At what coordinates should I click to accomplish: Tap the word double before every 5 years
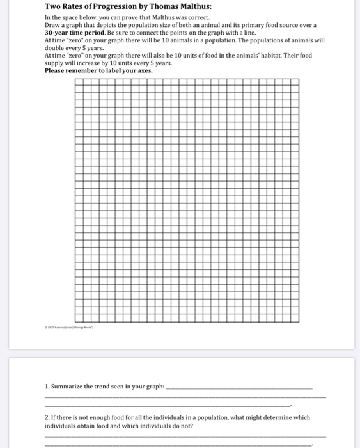point(56,47)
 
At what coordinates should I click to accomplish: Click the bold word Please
point(58,70)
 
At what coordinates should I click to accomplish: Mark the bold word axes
point(143,70)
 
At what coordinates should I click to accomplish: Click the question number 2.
point(47,417)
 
